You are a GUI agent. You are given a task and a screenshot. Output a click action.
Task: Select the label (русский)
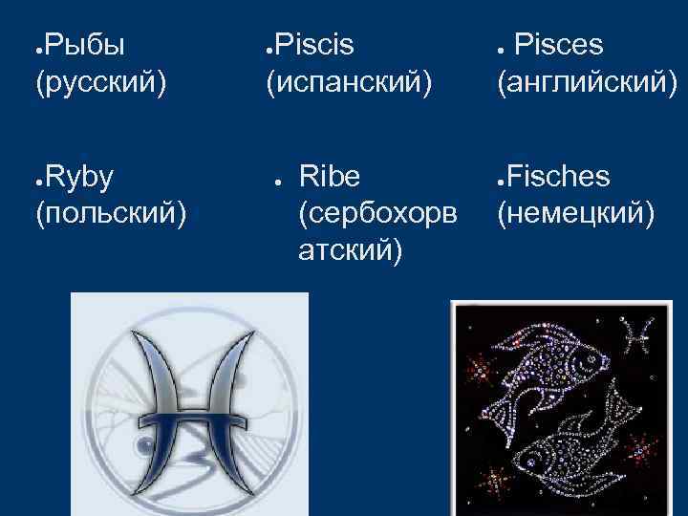coord(100,83)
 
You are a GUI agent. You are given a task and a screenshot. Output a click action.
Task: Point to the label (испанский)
coord(348,83)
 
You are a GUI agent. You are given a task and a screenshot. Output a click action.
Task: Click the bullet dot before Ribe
coord(274,179)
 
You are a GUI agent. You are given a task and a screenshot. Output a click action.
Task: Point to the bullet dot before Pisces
coord(502,47)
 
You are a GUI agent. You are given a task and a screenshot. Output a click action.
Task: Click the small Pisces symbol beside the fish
coord(637,333)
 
